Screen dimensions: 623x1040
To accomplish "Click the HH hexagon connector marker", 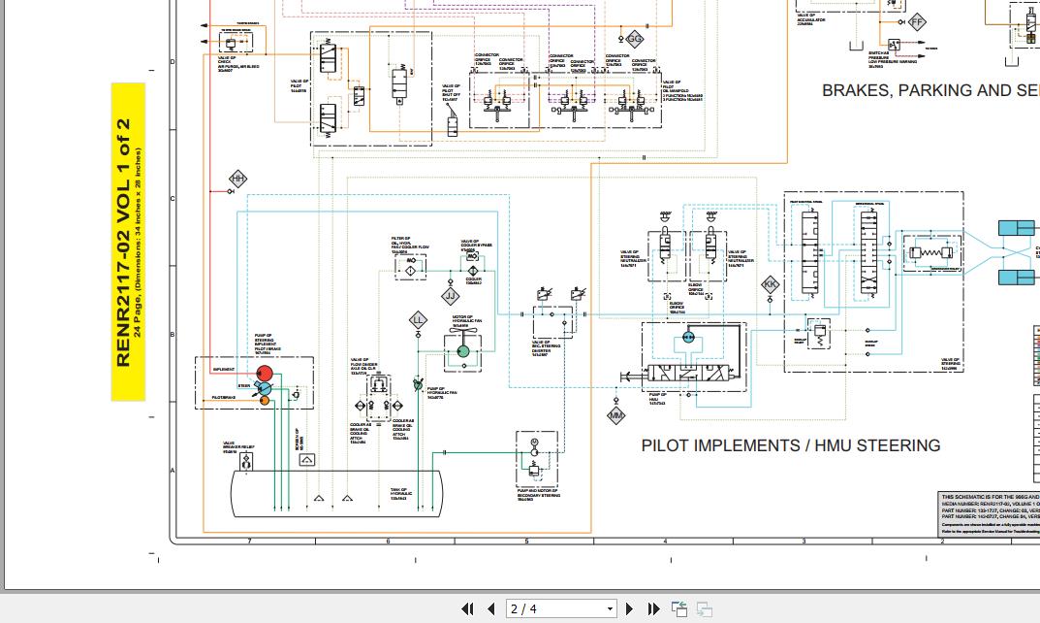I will (237, 179).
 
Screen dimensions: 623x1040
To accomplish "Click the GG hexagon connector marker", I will (635, 39).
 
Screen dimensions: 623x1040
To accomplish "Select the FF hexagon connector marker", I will (917, 21).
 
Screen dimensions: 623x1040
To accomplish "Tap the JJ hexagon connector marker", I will (450, 295).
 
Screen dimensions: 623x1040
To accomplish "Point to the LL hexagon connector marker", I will (418, 319).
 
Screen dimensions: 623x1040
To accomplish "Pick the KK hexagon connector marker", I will (771, 284).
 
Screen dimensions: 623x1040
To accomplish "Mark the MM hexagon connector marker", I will (616, 415).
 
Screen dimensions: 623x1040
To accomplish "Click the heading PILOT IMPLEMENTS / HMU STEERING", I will (790, 445).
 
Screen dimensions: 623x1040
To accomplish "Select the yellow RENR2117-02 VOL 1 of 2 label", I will (128, 242).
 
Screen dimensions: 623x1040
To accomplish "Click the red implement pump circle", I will (265, 373).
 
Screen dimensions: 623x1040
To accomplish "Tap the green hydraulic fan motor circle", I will (463, 350).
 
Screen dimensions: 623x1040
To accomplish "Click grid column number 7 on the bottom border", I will (249, 541).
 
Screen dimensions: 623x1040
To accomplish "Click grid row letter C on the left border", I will (173, 198).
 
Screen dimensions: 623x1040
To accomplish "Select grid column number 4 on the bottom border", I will (665, 541).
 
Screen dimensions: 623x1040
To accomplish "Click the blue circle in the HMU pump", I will (688, 336).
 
